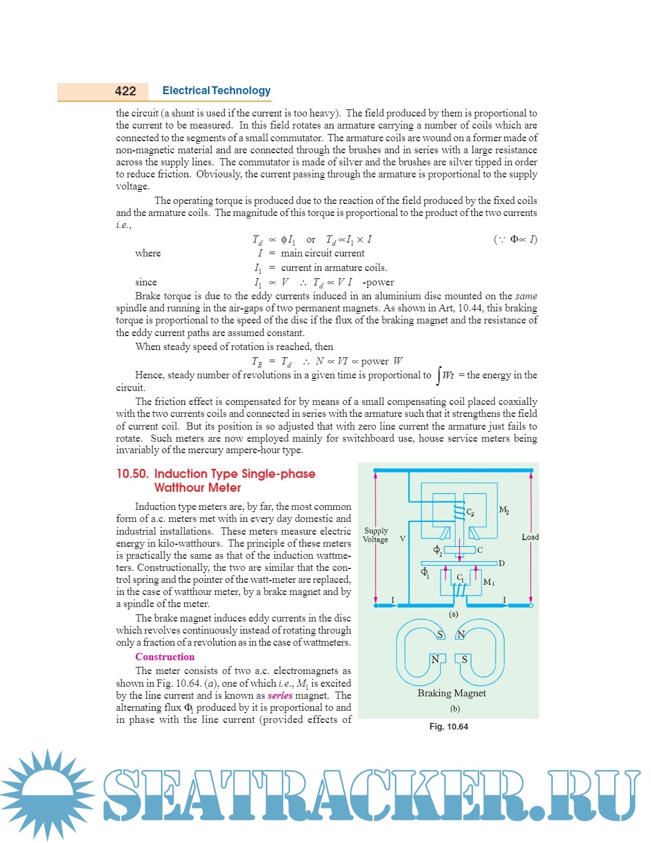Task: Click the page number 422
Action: tap(125, 91)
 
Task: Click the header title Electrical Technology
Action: tap(216, 91)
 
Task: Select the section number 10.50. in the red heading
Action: tap(132, 474)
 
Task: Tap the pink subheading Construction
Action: tap(165, 657)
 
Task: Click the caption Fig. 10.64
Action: tap(448, 727)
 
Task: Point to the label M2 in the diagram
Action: tap(504, 510)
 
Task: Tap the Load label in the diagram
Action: tap(530, 537)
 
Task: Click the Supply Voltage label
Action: tap(376, 535)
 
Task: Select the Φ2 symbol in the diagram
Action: tap(438, 550)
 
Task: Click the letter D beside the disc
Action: tap(502, 563)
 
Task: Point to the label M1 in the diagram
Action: tap(489, 582)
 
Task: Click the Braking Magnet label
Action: tap(451, 693)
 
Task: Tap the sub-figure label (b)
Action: tap(454, 708)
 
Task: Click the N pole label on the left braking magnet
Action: tap(435, 660)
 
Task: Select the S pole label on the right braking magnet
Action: tap(464, 660)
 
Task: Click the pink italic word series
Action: tap(280, 695)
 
